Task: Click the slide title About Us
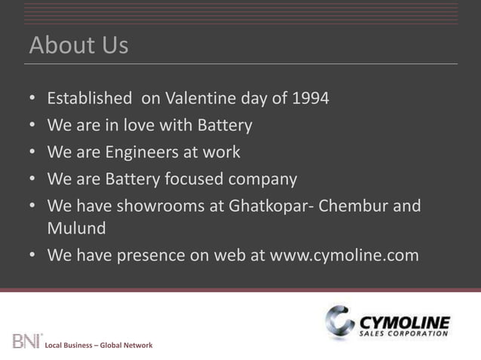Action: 78,46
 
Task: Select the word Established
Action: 89,99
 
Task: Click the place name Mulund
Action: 76,227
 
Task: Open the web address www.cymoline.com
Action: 345,255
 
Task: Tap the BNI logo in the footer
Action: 27,340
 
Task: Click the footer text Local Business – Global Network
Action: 99,345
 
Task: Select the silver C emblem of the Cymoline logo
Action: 340,323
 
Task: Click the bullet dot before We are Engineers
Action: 32,153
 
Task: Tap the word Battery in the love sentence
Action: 223,125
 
